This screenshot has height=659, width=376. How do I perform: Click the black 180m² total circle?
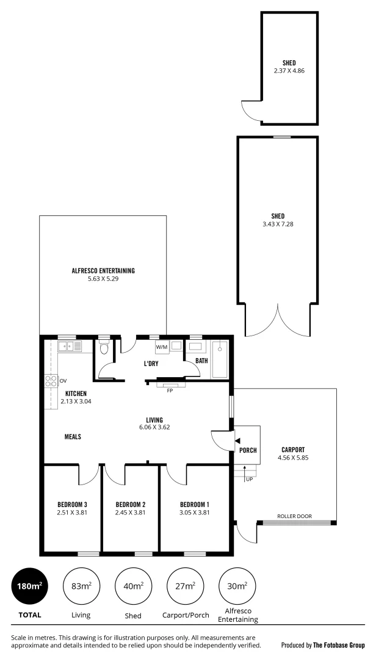(x=29, y=586)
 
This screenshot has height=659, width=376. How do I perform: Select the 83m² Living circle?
(x=81, y=586)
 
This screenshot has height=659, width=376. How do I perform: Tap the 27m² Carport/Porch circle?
(x=185, y=586)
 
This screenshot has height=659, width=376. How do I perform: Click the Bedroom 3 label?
(x=72, y=505)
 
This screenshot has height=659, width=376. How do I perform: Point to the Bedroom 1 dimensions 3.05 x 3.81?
(x=195, y=513)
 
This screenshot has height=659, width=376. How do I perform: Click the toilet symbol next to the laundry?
(x=103, y=349)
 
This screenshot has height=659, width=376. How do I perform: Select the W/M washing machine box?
(x=162, y=347)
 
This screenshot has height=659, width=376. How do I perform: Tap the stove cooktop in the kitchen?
(x=50, y=382)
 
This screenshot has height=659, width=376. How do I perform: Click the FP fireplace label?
(x=169, y=390)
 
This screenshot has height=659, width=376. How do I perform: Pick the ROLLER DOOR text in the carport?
(x=294, y=516)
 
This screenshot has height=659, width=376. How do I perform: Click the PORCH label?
(x=248, y=451)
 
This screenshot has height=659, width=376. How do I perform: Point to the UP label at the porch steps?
(x=249, y=480)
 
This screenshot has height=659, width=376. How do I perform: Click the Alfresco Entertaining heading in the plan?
(x=103, y=271)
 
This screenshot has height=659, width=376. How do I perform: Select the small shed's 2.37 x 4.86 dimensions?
(x=289, y=71)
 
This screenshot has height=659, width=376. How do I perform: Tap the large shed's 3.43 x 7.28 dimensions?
(x=278, y=224)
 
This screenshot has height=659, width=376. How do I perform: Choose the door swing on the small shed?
(x=251, y=111)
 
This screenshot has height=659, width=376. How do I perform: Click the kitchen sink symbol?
(x=70, y=347)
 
